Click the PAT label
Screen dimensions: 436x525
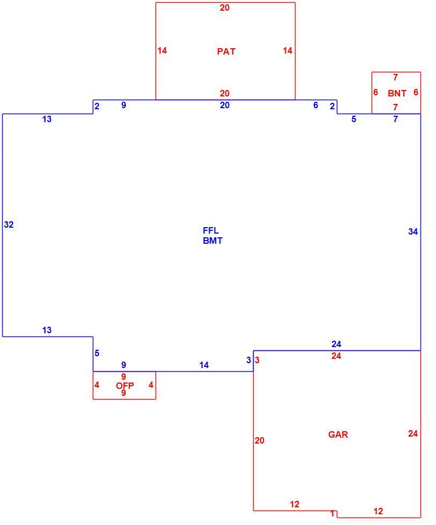pyautogui.click(x=226, y=51)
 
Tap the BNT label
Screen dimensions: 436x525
pyautogui.click(x=397, y=93)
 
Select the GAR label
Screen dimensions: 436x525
pyautogui.click(x=338, y=434)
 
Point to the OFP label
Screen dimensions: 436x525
pyautogui.click(x=124, y=386)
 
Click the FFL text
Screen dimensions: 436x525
pyautogui.click(x=211, y=230)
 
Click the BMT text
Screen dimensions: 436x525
pyautogui.click(x=212, y=241)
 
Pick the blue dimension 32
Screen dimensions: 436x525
pyautogui.click(x=9, y=224)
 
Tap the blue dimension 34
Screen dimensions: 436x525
pyautogui.click(x=413, y=231)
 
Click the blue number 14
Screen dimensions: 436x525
pyautogui.click(x=204, y=365)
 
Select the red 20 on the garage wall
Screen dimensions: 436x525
pyautogui.click(x=260, y=440)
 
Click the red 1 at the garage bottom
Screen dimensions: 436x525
pyautogui.click(x=332, y=513)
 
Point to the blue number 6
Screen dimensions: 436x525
pyautogui.click(x=316, y=105)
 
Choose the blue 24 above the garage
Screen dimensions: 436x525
pyautogui.click(x=336, y=344)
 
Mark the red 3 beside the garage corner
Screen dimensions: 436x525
pyautogui.click(x=257, y=360)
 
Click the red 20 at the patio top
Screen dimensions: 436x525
pyautogui.click(x=225, y=7)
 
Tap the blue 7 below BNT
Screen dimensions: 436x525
pyautogui.click(x=395, y=119)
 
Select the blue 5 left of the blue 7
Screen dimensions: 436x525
pyautogui.click(x=353, y=119)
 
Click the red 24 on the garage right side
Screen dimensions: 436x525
pyautogui.click(x=413, y=433)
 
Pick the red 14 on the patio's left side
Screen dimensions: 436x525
pyautogui.click(x=162, y=50)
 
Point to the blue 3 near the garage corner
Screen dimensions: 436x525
pyautogui.click(x=249, y=360)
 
